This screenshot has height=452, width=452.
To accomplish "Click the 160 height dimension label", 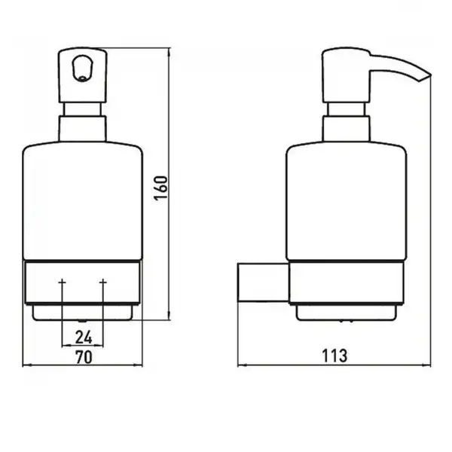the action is [160, 188].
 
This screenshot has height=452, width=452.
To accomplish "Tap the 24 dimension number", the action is [84, 337].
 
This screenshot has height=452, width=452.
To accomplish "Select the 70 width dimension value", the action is [84, 357].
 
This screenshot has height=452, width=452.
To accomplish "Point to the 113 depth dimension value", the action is [334, 356].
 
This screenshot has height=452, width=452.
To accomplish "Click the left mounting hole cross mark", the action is [62, 281].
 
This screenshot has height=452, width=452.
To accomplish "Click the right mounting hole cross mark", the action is [103, 281].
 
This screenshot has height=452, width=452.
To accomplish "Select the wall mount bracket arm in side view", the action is [263, 282].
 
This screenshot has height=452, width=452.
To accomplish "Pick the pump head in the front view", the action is [83, 75].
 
